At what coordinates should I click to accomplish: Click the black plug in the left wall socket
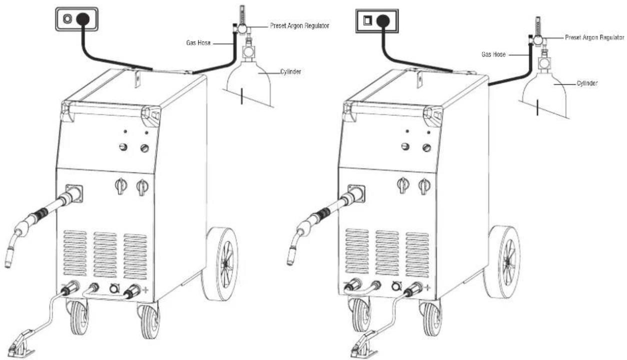[83, 19]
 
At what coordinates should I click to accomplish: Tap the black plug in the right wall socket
[383, 21]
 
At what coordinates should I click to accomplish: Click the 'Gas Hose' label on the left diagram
[198, 43]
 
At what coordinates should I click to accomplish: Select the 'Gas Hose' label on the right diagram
[493, 54]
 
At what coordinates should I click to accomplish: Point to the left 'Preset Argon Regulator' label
[299, 26]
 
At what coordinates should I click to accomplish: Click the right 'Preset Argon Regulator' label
[594, 37]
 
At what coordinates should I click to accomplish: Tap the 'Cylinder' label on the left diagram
[290, 71]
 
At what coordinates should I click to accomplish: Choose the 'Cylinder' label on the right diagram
[587, 83]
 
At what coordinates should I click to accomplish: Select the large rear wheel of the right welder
[502, 261]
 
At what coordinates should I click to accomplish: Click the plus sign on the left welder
[145, 290]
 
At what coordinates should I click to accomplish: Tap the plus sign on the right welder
[427, 287]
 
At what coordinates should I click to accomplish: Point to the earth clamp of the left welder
[21, 343]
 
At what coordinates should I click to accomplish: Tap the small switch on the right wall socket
[367, 20]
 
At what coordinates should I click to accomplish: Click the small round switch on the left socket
[67, 19]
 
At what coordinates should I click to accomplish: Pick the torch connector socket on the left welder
[74, 193]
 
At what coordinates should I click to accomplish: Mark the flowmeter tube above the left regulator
[242, 14]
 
